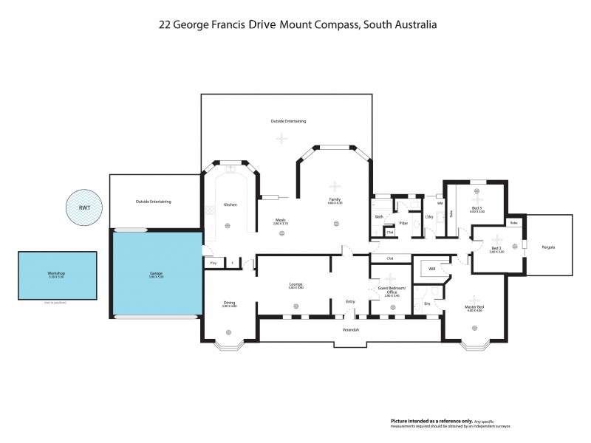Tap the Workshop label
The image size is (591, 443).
pos(56,274)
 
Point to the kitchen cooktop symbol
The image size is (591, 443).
pos(209,210)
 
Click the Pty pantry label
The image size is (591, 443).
pos(213,263)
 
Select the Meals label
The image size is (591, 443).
pos(281,219)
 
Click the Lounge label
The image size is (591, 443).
pos(295,284)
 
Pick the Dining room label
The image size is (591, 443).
pos(229,303)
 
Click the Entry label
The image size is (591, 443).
pos(350,301)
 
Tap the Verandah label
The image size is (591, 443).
pos(350,329)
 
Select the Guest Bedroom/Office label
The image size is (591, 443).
pos(387,289)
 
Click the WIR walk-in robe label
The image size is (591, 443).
pos(432,269)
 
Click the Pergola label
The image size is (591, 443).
pos(547,247)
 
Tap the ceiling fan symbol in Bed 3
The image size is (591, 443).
pos(478,199)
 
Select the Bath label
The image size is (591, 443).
pos(378,217)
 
